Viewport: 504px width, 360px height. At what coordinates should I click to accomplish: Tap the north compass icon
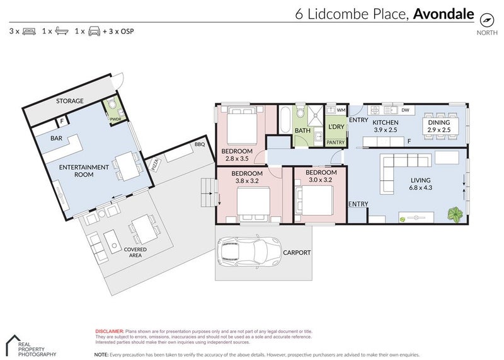pyautogui.click(x=486, y=20)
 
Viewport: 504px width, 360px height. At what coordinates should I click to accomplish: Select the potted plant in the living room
pyautogui.click(x=455, y=214)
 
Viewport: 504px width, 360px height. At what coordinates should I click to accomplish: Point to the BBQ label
pyautogui.click(x=200, y=144)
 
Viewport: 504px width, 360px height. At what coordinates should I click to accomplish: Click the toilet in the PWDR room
pyautogui.click(x=112, y=105)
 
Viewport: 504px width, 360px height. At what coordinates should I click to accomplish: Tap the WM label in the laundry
pyautogui.click(x=341, y=110)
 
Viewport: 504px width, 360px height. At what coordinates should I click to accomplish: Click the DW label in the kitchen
pyautogui.click(x=405, y=110)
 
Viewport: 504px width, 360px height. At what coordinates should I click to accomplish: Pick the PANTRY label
pyautogui.click(x=335, y=142)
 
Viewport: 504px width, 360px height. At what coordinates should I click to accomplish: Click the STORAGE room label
pyautogui.click(x=70, y=101)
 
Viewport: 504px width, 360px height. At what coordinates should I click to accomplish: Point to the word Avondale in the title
pyautogui.click(x=444, y=14)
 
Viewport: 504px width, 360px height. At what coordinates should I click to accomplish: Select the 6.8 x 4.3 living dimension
pyautogui.click(x=420, y=187)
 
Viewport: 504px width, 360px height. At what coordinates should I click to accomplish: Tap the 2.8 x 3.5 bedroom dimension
pyautogui.click(x=237, y=158)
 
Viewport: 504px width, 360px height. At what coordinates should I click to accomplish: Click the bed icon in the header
pyautogui.click(x=29, y=31)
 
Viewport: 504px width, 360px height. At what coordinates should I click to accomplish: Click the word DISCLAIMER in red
pyautogui.click(x=110, y=331)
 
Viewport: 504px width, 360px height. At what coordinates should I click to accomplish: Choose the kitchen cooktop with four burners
pyautogui.click(x=375, y=110)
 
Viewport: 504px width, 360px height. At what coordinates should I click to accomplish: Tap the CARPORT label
pyautogui.click(x=297, y=253)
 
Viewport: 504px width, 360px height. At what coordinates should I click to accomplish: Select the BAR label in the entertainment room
pyautogui.click(x=56, y=138)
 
